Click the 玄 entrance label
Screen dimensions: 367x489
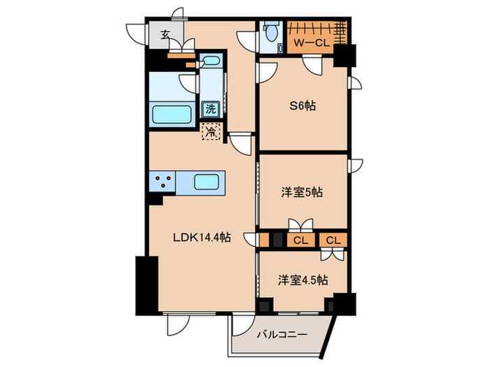(x=165, y=34)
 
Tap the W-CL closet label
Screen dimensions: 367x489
(x=310, y=43)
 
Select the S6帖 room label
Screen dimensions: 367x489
(x=303, y=107)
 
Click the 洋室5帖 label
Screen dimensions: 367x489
(x=302, y=192)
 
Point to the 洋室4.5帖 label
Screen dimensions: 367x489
(x=303, y=280)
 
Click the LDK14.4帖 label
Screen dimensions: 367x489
(x=202, y=238)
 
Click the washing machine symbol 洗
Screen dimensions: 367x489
(x=210, y=108)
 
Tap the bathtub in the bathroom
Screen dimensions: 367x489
(x=174, y=113)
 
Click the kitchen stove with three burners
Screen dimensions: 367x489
(x=163, y=182)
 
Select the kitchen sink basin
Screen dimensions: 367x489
(x=207, y=182)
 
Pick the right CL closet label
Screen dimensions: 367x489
(x=334, y=240)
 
